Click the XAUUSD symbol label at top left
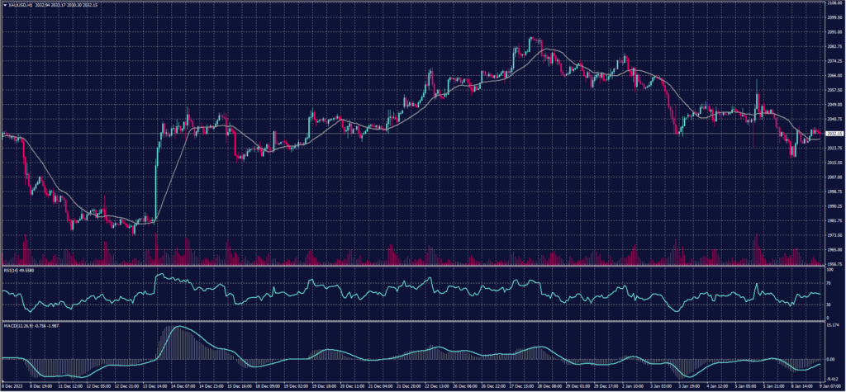[18, 5]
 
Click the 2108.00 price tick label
[834, 3]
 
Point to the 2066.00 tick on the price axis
[834, 76]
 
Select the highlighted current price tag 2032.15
[834, 134]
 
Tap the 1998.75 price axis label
[834, 191]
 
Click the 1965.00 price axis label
[834, 249]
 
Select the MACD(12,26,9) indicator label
[25, 325]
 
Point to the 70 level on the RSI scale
[829, 283]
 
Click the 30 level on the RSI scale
[829, 305]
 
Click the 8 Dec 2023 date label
[13, 385]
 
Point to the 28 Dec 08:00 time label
[548, 385]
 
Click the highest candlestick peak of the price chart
[531, 37]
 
